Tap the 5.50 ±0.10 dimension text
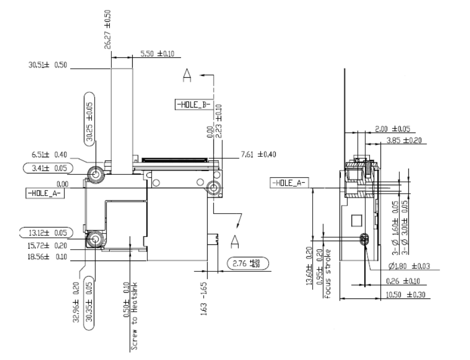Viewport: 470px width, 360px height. [x=157, y=54]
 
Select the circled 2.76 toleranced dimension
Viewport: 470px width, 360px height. [x=247, y=264]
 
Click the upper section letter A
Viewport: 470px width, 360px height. [x=189, y=76]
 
